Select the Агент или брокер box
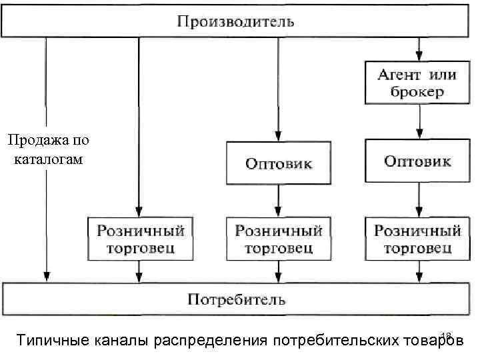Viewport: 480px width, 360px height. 418,83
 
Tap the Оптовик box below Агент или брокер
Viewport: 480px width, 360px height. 418,161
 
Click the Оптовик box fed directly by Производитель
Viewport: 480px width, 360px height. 279,163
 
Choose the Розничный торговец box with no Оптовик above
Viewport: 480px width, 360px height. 141,239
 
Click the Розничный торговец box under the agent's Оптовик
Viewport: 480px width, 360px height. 418,239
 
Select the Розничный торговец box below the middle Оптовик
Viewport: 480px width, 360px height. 279,239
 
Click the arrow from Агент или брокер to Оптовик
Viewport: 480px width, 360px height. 419,121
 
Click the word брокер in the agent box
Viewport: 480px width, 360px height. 417,92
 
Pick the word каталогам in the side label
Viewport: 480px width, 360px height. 49,160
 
